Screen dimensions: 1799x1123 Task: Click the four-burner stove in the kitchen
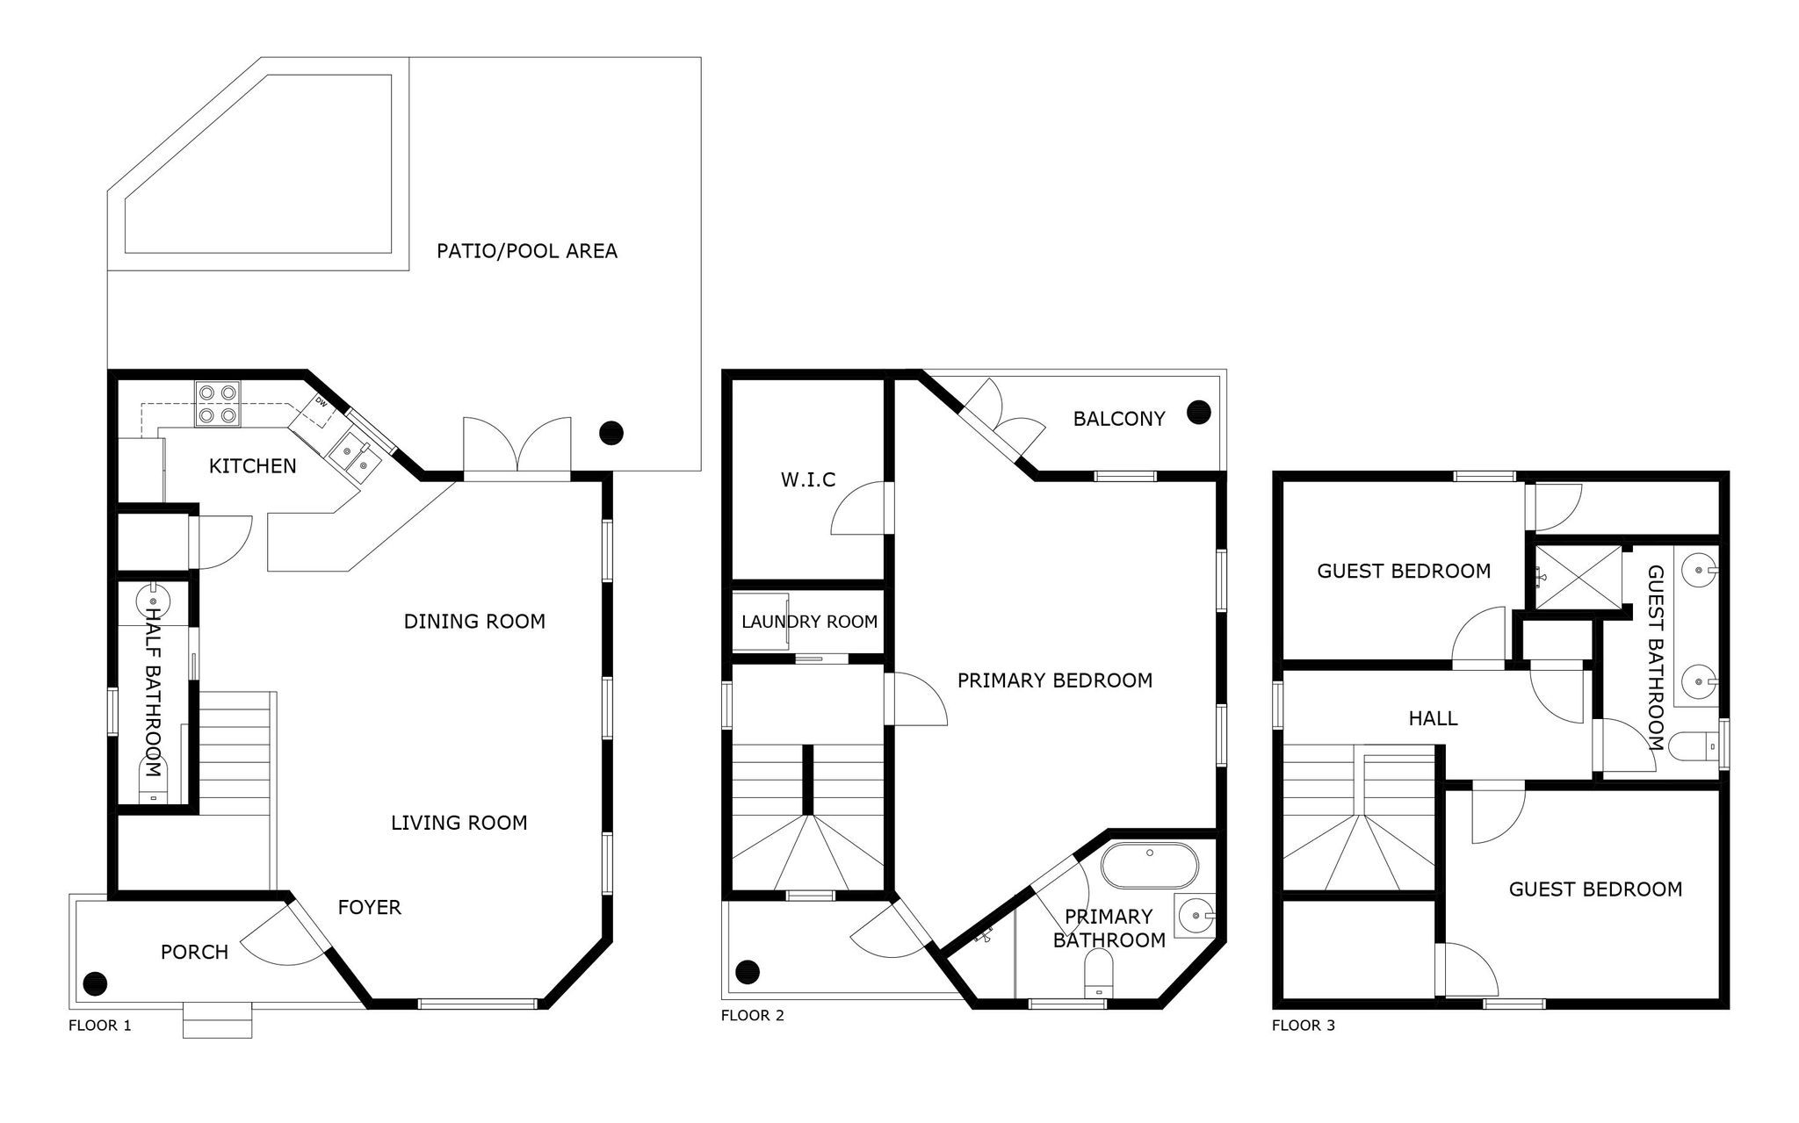(218, 404)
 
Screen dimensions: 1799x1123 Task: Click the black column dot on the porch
(95, 983)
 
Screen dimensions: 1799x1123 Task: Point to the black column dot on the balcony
(1198, 411)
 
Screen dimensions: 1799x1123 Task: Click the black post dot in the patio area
(611, 432)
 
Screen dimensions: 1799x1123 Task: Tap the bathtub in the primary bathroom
(1149, 866)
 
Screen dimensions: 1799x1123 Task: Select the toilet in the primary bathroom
(1098, 975)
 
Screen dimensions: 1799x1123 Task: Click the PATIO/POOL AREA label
(527, 251)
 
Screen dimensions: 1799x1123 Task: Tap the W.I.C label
(808, 479)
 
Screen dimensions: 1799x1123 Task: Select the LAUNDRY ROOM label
(809, 622)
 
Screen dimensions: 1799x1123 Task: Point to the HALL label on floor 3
(1433, 718)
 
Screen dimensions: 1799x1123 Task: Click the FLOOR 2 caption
(753, 1016)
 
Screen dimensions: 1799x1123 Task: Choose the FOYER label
(370, 907)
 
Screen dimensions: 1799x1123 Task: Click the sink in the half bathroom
(152, 602)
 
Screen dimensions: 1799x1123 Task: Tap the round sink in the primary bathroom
(1194, 913)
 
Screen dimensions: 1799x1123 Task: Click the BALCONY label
(1119, 419)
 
